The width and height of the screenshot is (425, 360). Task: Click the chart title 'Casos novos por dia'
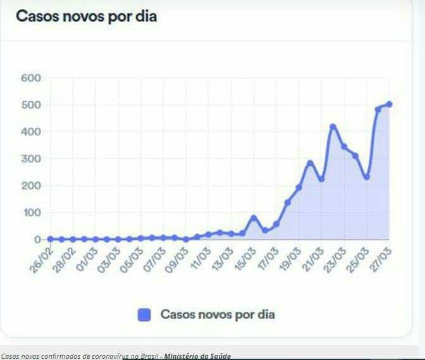click(86, 16)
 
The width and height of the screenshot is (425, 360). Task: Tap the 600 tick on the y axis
click(31, 78)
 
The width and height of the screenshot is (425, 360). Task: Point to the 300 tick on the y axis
click(31, 159)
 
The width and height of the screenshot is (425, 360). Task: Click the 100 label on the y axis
click(31, 213)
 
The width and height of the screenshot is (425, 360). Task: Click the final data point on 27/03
click(390, 104)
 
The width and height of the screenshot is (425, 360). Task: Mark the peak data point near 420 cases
click(333, 127)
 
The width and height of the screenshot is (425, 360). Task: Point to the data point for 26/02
click(49, 239)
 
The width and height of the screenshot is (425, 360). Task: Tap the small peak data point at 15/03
click(254, 218)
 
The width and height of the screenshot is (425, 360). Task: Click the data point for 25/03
click(367, 177)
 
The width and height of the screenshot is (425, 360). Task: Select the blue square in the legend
click(145, 314)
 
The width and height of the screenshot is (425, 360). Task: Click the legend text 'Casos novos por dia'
click(218, 314)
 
